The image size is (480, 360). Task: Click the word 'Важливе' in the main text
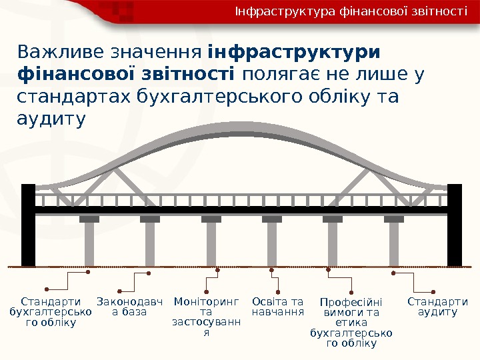tap(58, 52)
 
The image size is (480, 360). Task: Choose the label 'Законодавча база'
tap(130, 307)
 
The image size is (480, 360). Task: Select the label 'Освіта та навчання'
tap(278, 307)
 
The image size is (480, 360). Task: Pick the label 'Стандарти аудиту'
tap(437, 307)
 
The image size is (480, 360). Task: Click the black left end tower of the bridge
tap(28, 225)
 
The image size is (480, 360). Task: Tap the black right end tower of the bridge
tap(455, 225)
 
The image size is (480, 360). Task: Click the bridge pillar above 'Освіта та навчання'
tap(272, 243)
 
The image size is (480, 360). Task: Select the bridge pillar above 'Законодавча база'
tap(150, 243)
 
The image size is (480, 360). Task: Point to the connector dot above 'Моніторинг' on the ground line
tap(219, 270)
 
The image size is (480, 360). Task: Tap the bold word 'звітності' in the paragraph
tap(193, 75)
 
